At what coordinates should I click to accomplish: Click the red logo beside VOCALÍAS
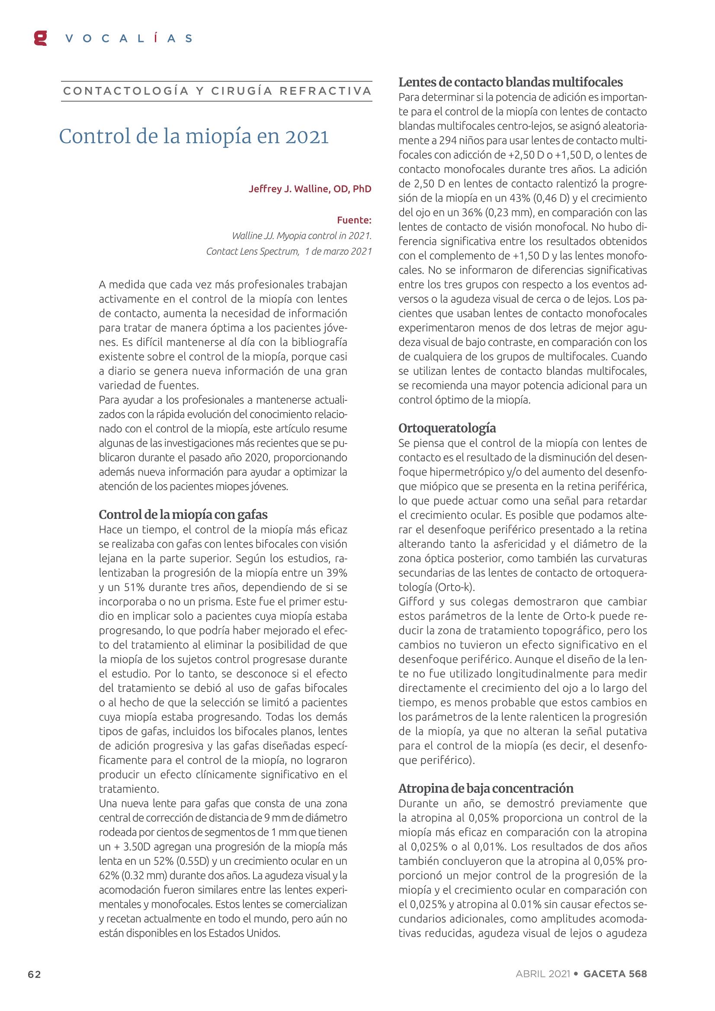40,38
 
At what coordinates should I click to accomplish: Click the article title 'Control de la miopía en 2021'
194,137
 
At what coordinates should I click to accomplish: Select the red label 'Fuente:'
354,220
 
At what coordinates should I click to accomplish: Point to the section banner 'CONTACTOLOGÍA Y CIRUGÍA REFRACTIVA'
217,91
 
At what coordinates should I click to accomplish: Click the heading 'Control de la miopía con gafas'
183,514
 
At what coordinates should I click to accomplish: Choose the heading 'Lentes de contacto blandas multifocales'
510,82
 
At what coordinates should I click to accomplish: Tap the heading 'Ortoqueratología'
447,428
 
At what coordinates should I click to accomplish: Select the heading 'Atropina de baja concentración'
486,788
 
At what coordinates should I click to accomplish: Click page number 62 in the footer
34,974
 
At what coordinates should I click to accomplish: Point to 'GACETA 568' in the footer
615,974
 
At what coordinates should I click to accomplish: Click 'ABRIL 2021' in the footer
543,974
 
